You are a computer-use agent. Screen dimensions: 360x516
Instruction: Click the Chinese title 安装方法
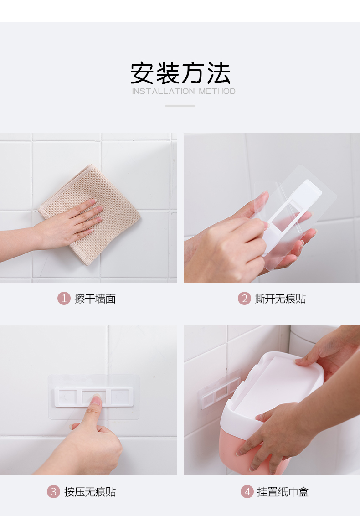pos(180,73)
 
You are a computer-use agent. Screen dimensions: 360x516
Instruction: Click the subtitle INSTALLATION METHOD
pos(184,91)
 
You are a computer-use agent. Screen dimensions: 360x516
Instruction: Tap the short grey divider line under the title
pos(180,106)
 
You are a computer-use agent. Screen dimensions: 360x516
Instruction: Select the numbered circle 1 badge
pos(64,299)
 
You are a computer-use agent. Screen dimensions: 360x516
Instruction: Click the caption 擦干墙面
pos(95,299)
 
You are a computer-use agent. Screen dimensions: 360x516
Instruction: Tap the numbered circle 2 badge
pos(244,299)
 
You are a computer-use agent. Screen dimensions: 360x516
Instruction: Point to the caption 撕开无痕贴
pos(280,299)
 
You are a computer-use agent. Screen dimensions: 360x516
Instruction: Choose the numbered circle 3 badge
pos(53,492)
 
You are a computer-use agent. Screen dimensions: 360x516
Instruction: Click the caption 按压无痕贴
pos(90,492)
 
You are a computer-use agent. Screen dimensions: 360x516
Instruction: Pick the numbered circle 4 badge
pos(247,492)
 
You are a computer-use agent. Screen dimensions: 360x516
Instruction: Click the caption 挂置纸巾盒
pos(283,492)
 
